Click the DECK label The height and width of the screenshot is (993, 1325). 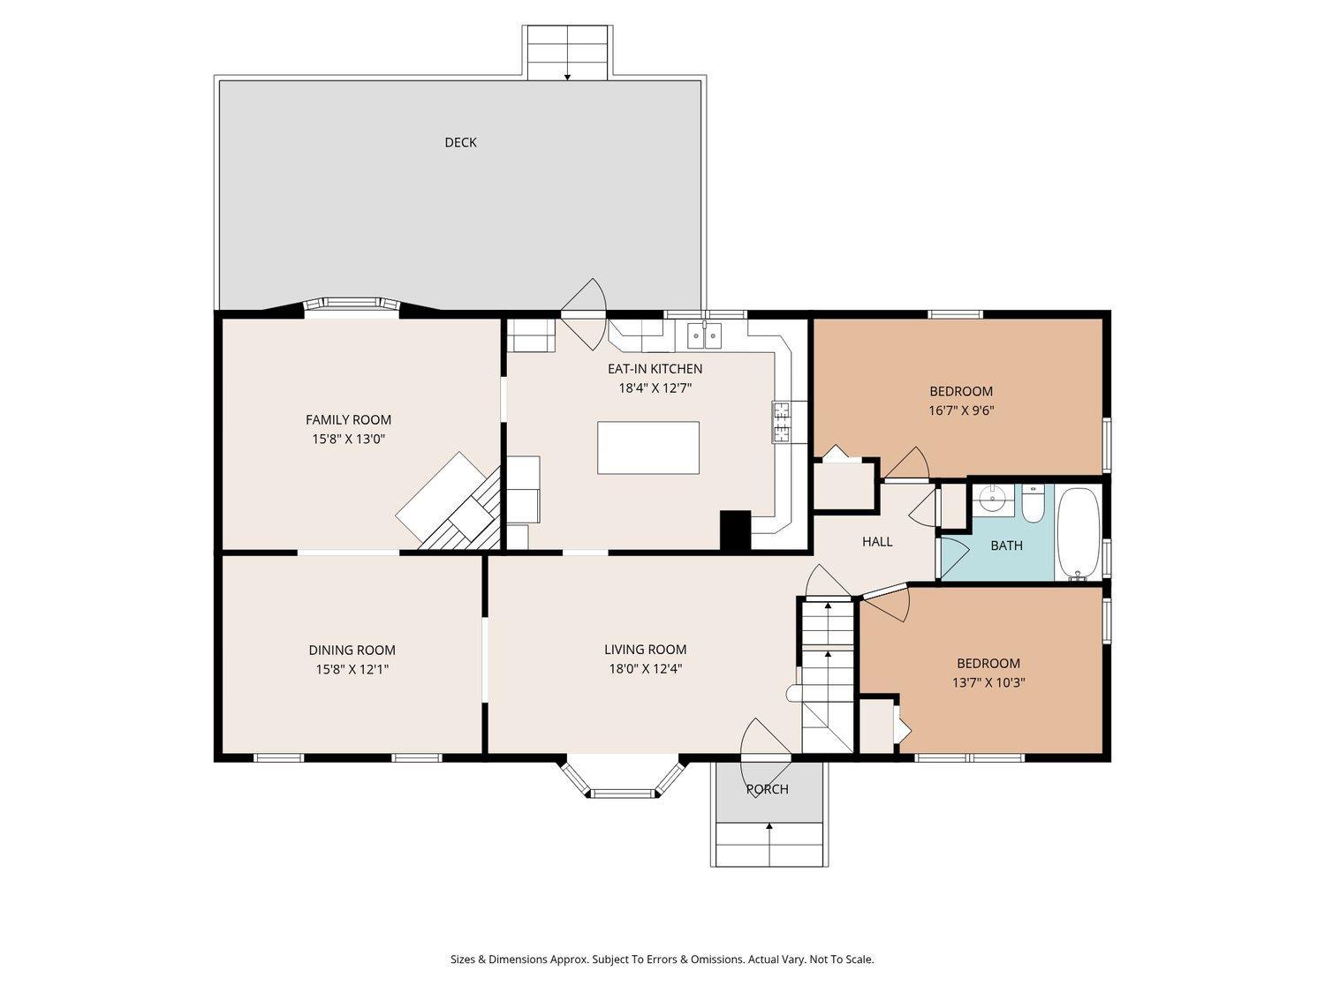(x=460, y=142)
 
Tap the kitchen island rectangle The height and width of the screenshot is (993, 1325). (x=648, y=448)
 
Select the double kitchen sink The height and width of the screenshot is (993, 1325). (x=704, y=335)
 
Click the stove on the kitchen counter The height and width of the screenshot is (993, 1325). (x=782, y=421)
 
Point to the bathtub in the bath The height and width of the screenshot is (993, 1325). (x=1078, y=533)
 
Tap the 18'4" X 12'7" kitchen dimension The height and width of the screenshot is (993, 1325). (x=655, y=387)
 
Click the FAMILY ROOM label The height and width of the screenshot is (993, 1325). (x=348, y=420)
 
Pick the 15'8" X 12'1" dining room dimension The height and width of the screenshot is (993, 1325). (x=352, y=669)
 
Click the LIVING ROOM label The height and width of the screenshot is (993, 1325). (x=645, y=650)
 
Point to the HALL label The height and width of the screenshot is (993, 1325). (x=877, y=542)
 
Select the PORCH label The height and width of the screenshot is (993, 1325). (x=767, y=789)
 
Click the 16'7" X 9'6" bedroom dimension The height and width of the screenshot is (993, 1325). (x=961, y=410)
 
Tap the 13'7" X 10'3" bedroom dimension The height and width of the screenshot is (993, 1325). (x=988, y=682)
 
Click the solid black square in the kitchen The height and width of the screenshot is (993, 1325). (x=735, y=531)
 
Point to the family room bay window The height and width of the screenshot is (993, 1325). (x=352, y=305)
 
